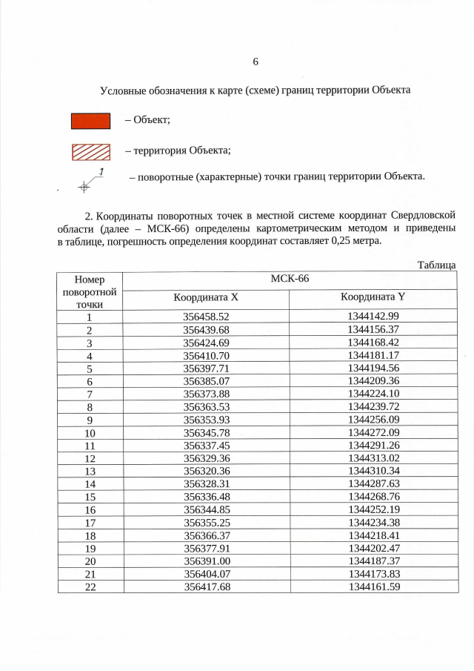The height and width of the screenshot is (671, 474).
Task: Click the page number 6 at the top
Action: pos(256,61)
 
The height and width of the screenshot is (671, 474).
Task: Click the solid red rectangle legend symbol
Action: pos(90,121)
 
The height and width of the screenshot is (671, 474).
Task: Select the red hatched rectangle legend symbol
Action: pos(90,151)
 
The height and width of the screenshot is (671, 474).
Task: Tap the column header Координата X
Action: pos(206,297)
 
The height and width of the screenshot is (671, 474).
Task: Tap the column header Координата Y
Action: pos(373,297)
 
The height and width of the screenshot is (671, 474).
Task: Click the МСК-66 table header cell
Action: pos(290,280)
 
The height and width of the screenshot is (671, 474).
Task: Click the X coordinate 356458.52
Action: pos(206,317)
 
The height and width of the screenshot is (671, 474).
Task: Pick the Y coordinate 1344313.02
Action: pos(373,458)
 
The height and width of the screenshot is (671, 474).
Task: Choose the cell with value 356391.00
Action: pos(206,561)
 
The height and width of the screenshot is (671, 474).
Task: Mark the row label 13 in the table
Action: pos(90,472)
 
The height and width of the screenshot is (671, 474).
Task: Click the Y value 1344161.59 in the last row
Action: pos(373,587)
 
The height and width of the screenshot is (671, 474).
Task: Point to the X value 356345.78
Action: pos(206,432)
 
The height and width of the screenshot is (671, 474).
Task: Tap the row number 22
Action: pos(90,587)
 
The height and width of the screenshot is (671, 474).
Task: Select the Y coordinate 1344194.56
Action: pos(373,368)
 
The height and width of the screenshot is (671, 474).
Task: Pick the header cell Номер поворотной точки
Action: pos(90,290)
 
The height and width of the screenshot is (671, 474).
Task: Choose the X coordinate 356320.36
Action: pos(206,472)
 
